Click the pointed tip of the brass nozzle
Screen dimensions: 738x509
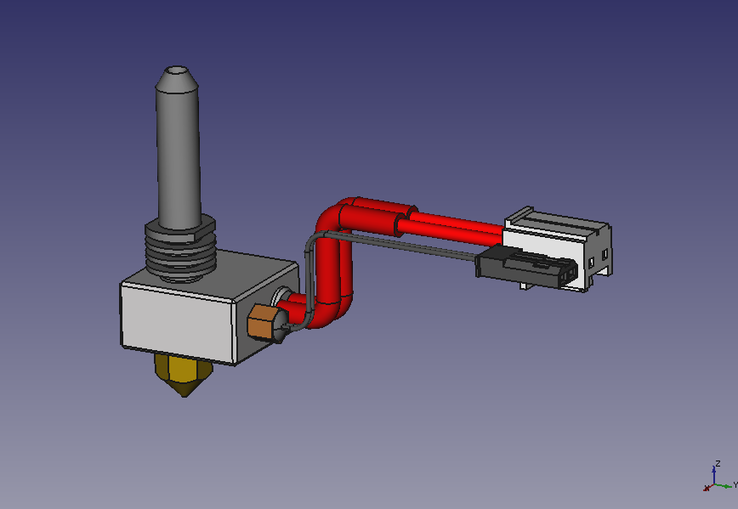(184, 397)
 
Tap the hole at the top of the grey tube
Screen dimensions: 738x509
(178, 71)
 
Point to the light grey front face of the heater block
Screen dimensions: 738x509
(178, 323)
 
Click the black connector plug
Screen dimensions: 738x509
(526, 267)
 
